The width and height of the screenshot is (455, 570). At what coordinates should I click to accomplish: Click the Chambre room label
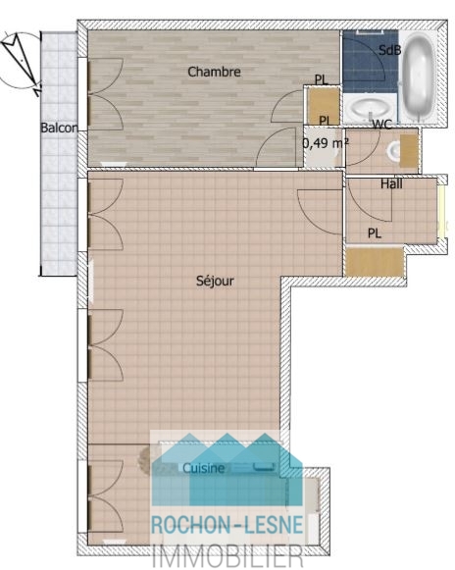[x=214, y=72]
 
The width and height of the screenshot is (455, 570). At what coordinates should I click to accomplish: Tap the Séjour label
[x=215, y=281]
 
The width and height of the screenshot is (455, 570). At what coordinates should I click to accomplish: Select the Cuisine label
[x=204, y=468]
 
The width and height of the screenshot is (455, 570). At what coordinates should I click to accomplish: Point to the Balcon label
[x=59, y=128]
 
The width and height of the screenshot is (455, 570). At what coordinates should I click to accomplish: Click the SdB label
[x=389, y=50]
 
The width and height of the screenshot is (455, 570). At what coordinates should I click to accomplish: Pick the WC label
[x=382, y=125]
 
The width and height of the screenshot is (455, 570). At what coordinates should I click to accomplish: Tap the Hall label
[x=391, y=183]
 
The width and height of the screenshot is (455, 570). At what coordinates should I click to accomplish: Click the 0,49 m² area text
[x=326, y=143]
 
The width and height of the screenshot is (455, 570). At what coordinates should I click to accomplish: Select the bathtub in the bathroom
[x=419, y=77]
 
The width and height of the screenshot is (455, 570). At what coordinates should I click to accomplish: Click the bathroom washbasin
[x=368, y=108]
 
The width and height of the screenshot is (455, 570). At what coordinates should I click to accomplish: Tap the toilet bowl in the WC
[x=393, y=151]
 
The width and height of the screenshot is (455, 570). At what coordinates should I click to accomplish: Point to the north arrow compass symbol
[x=22, y=61]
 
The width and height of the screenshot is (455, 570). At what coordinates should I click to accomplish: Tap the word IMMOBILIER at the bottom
[x=227, y=555]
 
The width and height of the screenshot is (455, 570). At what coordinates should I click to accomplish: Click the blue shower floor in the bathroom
[x=370, y=61]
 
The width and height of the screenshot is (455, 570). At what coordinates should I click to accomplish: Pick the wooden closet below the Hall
[x=375, y=262]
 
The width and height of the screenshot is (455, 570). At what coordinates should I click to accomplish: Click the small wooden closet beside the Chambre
[x=323, y=106]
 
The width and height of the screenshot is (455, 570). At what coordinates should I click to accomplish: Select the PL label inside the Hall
[x=375, y=233]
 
